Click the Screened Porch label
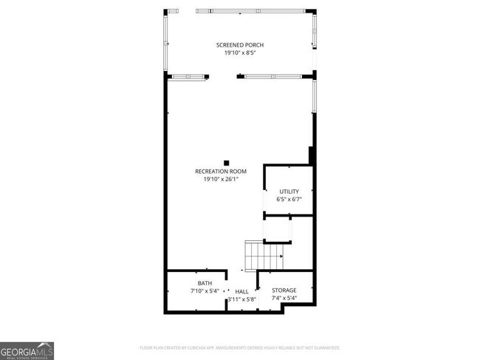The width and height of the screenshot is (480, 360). tap(239, 45)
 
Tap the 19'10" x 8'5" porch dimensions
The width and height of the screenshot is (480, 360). tap(239, 53)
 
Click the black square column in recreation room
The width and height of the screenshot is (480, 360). tap(227, 163)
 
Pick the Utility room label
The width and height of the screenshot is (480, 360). tap(289, 191)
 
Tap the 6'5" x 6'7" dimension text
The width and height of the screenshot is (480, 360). tap(289, 199)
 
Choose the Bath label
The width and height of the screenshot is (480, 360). tap(205, 283)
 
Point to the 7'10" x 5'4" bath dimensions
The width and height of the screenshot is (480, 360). tap(205, 291)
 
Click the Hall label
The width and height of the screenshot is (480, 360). tap(241, 291)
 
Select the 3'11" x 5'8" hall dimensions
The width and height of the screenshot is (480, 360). tap(241, 299)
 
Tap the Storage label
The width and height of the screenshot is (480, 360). tap(284, 291)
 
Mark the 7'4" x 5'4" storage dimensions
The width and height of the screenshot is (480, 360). tap(284, 299)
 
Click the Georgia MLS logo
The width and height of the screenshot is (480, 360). tap(27, 350)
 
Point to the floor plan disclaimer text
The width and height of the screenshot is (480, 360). tap(239, 347)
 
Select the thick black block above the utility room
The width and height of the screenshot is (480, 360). tap(312, 156)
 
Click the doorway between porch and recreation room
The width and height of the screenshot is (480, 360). tap(223, 76)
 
